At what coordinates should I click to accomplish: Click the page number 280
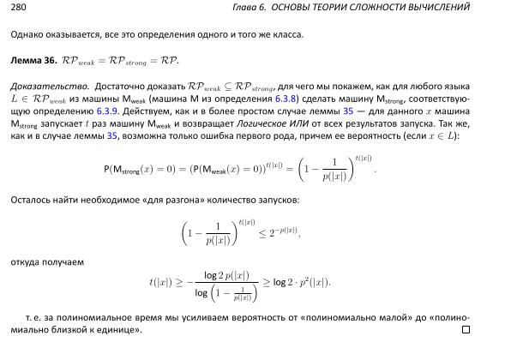[17, 7]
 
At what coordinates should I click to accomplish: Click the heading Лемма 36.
[33, 62]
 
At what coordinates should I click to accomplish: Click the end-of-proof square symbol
[466, 329]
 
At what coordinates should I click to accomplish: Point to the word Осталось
[31, 200]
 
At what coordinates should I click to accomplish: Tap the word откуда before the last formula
[27, 261]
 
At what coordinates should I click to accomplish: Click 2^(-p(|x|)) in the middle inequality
[279, 231]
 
